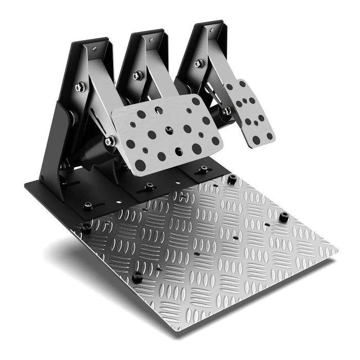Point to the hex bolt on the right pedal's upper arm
(x=199, y=63)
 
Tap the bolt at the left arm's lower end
(x=110, y=140)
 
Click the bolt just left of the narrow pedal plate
(x=227, y=110)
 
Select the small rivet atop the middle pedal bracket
(x=150, y=39)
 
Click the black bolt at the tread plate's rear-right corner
(x=232, y=179)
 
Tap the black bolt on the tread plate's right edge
(x=283, y=217)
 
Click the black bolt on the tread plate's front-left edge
(x=137, y=277)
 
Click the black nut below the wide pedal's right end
(x=204, y=170)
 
